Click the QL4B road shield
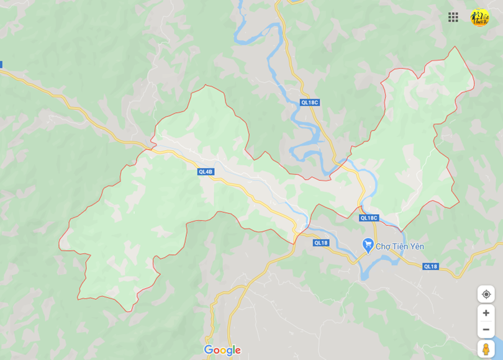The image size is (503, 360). click(x=206, y=172)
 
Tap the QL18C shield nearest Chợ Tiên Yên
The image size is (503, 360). click(x=369, y=218)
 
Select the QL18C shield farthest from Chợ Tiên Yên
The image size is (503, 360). click(x=309, y=102)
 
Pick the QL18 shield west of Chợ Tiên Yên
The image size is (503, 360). click(x=320, y=243)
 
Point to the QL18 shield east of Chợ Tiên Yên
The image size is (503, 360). click(x=430, y=266)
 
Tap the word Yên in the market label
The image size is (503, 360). click(x=417, y=246)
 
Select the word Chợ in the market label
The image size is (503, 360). click(x=383, y=246)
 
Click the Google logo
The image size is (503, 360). click(x=222, y=350)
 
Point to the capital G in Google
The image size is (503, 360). click(x=209, y=350)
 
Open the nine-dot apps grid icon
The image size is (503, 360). click(x=453, y=17)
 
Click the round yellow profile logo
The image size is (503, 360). click(x=479, y=17)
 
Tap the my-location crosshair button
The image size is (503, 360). click(x=486, y=294)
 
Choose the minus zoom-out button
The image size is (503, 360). click(x=486, y=330)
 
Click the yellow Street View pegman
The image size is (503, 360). click(x=486, y=349)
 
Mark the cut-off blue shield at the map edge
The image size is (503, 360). click(x=1, y=64)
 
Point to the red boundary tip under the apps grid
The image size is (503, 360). click(x=456, y=47)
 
